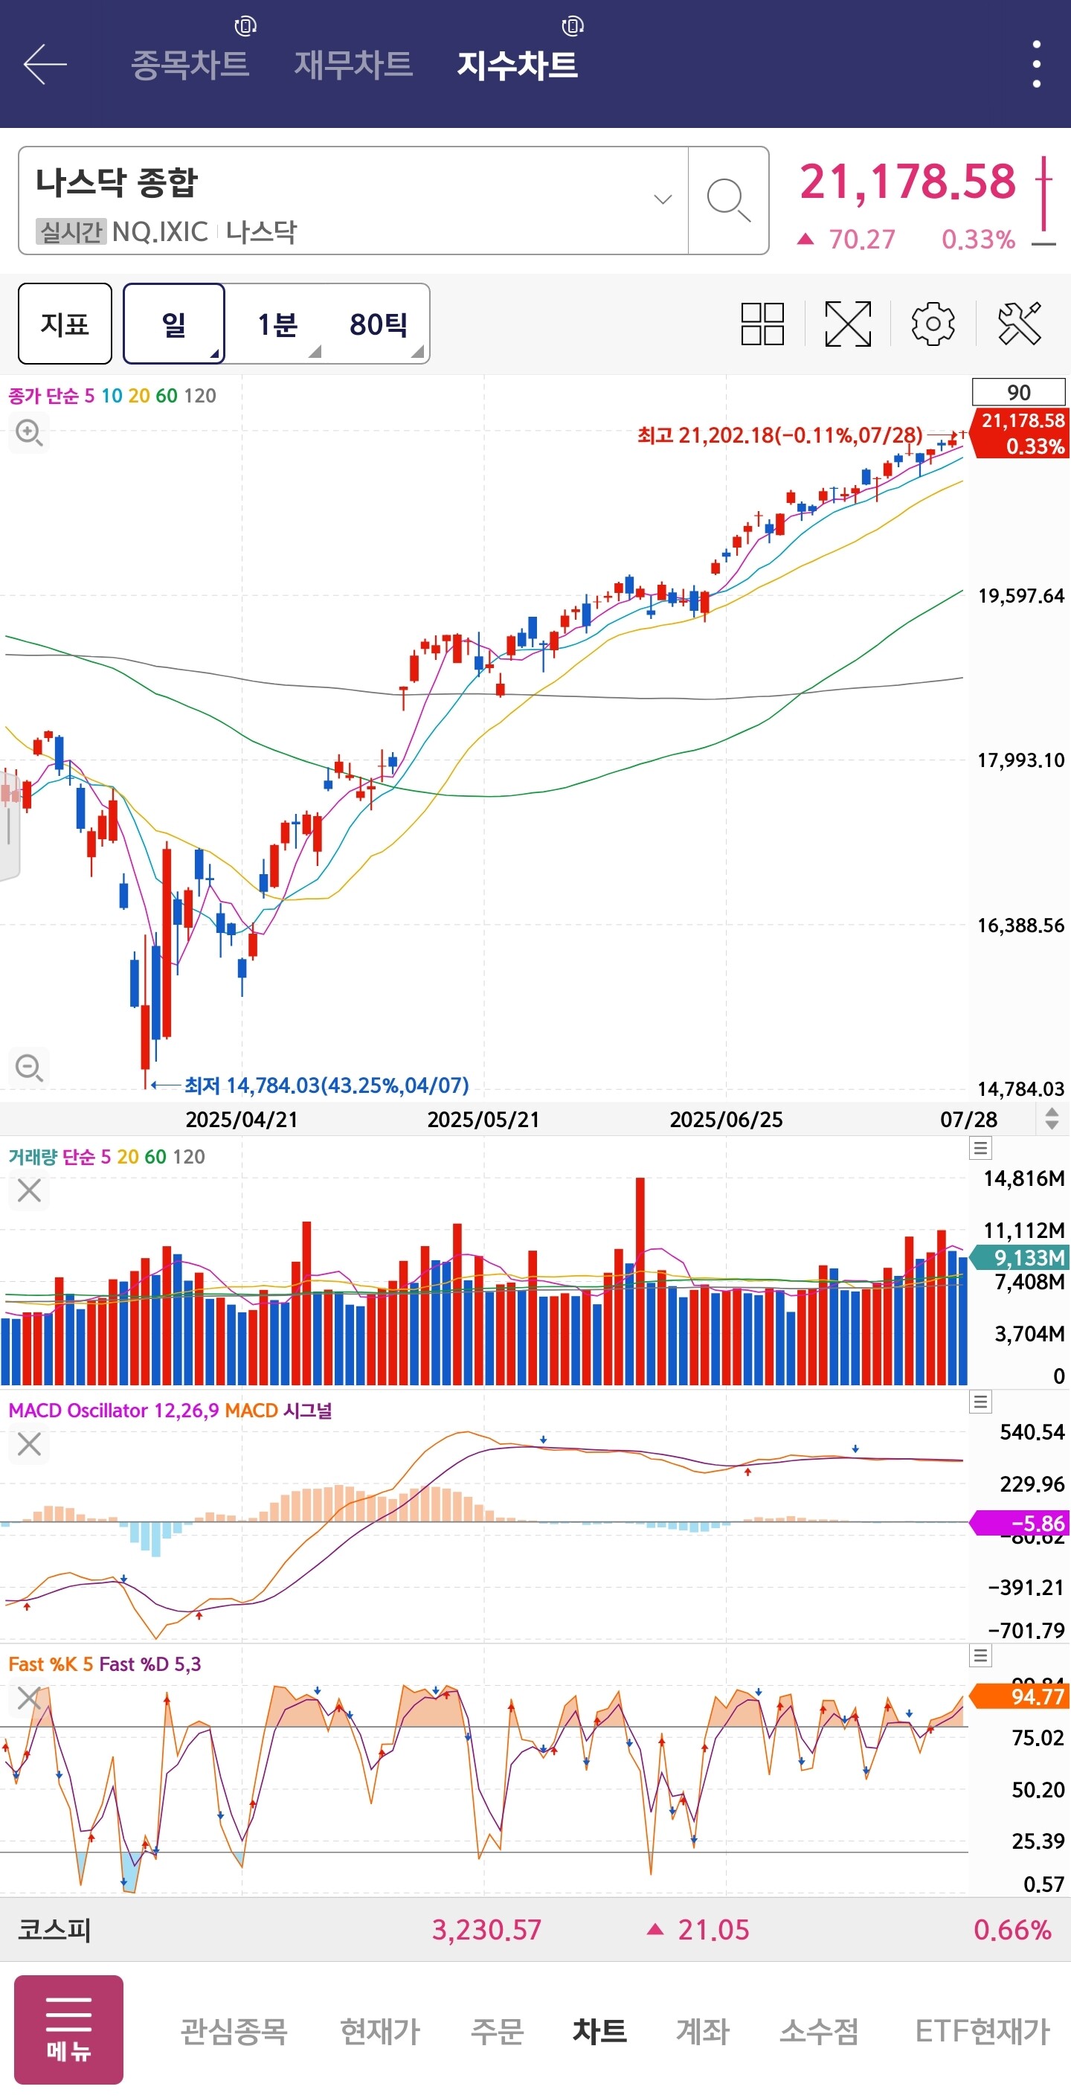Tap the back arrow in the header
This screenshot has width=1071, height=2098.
(x=45, y=64)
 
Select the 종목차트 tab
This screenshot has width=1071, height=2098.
(x=190, y=64)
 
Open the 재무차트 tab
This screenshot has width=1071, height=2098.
(x=353, y=64)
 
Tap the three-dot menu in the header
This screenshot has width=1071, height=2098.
(x=1036, y=64)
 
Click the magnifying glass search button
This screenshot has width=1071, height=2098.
(x=727, y=200)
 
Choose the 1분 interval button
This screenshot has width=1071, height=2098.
(x=277, y=324)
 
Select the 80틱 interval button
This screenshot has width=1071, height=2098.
(x=379, y=324)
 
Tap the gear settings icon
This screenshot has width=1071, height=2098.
(x=933, y=324)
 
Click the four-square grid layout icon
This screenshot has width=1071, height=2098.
(x=762, y=324)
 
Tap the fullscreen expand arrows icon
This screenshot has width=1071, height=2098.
(x=848, y=324)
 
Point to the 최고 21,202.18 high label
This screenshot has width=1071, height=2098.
(x=779, y=436)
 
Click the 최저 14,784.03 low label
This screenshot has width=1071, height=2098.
(x=326, y=1085)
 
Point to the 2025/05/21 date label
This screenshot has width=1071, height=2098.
(x=483, y=1119)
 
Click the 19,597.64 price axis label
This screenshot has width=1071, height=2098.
(x=1020, y=596)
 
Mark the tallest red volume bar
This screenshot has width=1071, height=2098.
(x=640, y=1279)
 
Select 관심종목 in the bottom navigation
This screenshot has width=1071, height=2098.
(x=234, y=2030)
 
